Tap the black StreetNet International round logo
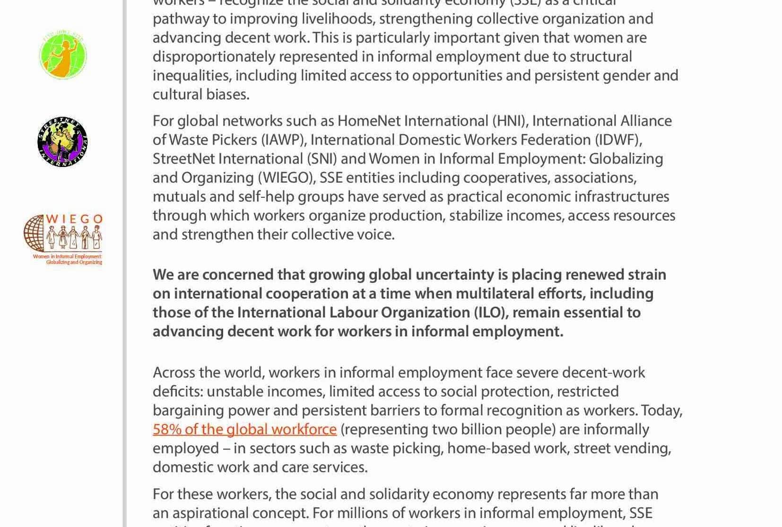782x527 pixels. coord(62,142)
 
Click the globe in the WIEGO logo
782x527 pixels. coord(35,232)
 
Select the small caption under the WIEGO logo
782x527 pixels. coord(68,259)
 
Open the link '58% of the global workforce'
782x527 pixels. coord(244,429)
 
